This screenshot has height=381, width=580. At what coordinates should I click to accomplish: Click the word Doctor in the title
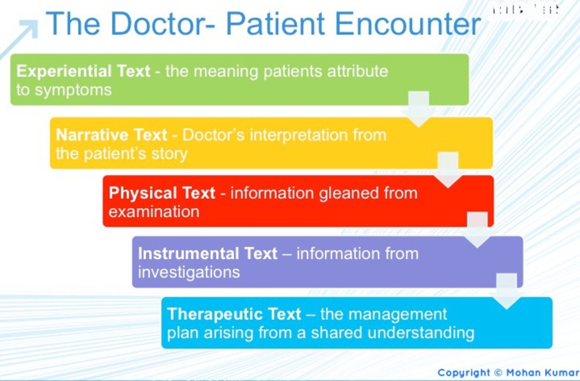pos(156,24)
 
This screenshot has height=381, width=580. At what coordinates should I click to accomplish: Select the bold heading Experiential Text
pos(83,72)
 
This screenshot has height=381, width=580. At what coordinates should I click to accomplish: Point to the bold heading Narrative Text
pos(111,135)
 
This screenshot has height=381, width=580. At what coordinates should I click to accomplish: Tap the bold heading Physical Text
pos(161,193)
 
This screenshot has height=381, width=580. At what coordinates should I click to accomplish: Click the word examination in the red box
pos(154,212)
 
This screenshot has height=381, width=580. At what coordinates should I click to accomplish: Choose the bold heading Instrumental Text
pos(207,254)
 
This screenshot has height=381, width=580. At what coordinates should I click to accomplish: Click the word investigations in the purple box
pos(188,272)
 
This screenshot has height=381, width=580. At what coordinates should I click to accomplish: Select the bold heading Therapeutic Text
pos(234,314)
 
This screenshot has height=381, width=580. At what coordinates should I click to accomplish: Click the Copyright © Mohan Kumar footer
pos(507,373)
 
